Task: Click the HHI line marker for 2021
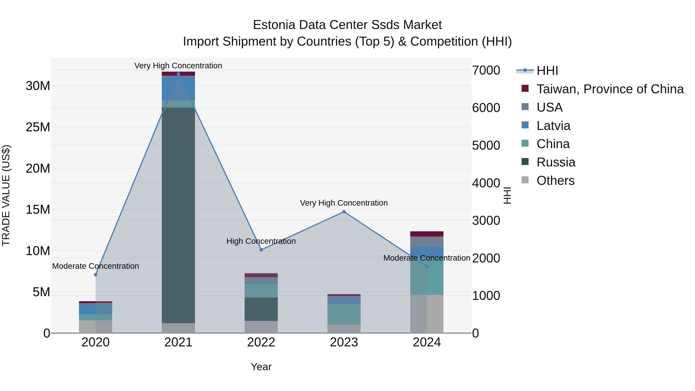click(x=178, y=74)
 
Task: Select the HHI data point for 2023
click(x=344, y=212)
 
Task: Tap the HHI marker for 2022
click(x=261, y=250)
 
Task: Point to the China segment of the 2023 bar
click(x=344, y=314)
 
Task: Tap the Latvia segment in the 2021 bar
click(x=178, y=88)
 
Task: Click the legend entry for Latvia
click(x=553, y=126)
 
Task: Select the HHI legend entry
click(x=547, y=71)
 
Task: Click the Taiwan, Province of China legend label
click(x=610, y=89)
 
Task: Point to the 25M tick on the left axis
click(x=38, y=127)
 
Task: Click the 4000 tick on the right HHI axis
click(x=486, y=183)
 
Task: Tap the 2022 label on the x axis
click(x=261, y=342)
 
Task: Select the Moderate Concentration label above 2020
click(x=96, y=266)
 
